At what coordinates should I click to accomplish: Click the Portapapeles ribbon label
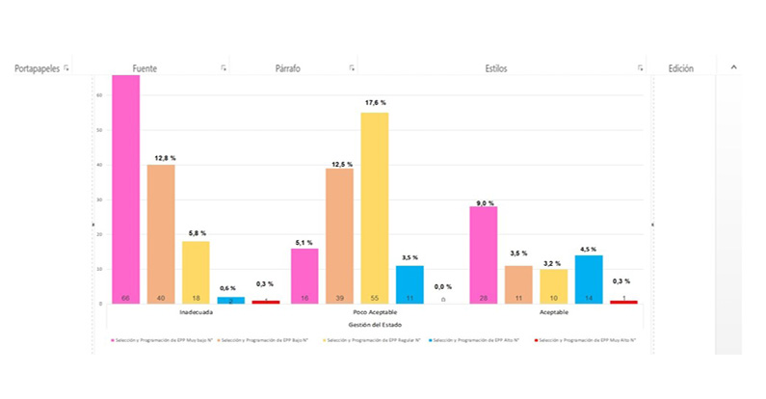37,68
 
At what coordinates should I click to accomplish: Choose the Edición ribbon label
681,68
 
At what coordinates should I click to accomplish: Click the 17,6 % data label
375,102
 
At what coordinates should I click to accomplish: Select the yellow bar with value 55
375,207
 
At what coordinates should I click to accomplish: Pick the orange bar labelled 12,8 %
161,233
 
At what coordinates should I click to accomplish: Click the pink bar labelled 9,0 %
483,254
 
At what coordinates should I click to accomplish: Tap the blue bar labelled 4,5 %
589,279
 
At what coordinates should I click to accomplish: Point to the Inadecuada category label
196,313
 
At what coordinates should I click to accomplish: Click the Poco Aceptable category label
375,313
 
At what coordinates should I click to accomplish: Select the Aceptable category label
553,313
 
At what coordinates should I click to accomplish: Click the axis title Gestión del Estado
375,325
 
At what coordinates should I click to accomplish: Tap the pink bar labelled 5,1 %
304,276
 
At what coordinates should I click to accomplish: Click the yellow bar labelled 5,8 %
196,272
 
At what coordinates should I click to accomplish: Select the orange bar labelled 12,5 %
339,235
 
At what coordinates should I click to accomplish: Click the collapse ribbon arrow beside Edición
733,67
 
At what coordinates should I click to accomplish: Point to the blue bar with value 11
409,284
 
